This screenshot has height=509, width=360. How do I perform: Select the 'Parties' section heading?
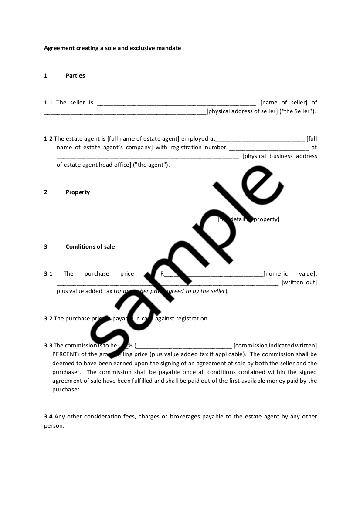[75, 76]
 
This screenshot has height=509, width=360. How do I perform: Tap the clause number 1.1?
[48, 103]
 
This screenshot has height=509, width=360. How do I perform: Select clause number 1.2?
[48, 139]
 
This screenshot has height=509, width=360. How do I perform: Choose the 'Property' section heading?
[78, 192]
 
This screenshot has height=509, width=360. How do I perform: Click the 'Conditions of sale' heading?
[90, 247]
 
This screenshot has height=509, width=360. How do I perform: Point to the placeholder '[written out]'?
[299, 283]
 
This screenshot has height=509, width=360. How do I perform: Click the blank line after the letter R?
[214, 275]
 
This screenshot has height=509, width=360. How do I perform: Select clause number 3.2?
[48, 319]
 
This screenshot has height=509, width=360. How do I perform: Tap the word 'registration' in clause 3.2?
[192, 319]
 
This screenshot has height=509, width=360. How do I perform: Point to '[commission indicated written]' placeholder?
[275, 346]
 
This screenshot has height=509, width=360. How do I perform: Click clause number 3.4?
[48, 417]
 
